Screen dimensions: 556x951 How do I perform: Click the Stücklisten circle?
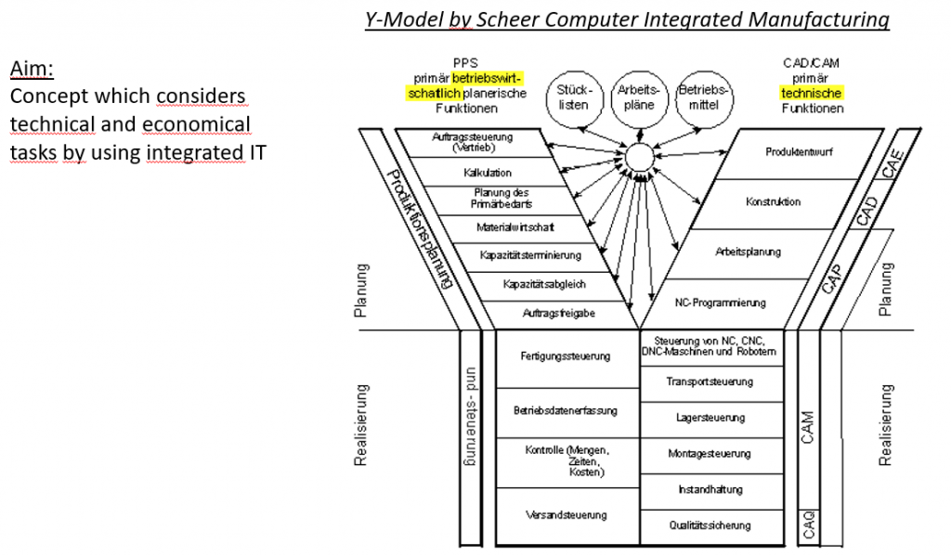click(573, 97)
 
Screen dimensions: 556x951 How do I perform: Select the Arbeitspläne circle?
click(639, 97)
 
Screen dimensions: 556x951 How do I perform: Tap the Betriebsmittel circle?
click(704, 97)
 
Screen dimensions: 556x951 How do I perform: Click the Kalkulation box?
click(488, 173)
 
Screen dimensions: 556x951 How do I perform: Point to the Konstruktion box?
click(773, 201)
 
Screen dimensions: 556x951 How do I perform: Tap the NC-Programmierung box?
click(721, 303)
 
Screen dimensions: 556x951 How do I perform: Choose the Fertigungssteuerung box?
click(566, 356)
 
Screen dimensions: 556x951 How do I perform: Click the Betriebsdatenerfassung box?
click(566, 410)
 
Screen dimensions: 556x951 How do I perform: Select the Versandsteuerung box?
click(566, 514)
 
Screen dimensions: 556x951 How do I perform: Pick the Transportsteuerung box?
click(710, 381)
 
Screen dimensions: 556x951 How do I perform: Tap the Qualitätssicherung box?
click(710, 525)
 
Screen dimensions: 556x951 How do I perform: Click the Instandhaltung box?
click(710, 489)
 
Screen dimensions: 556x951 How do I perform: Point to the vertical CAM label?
click(808, 427)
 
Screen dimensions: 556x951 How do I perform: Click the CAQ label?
click(808, 524)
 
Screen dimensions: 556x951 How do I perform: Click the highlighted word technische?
click(811, 93)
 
